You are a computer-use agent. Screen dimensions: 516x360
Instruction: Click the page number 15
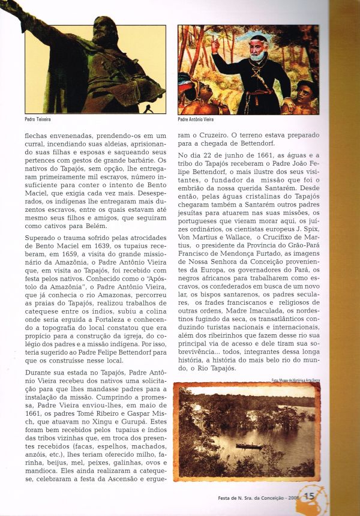pyautogui.click(x=310, y=496)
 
